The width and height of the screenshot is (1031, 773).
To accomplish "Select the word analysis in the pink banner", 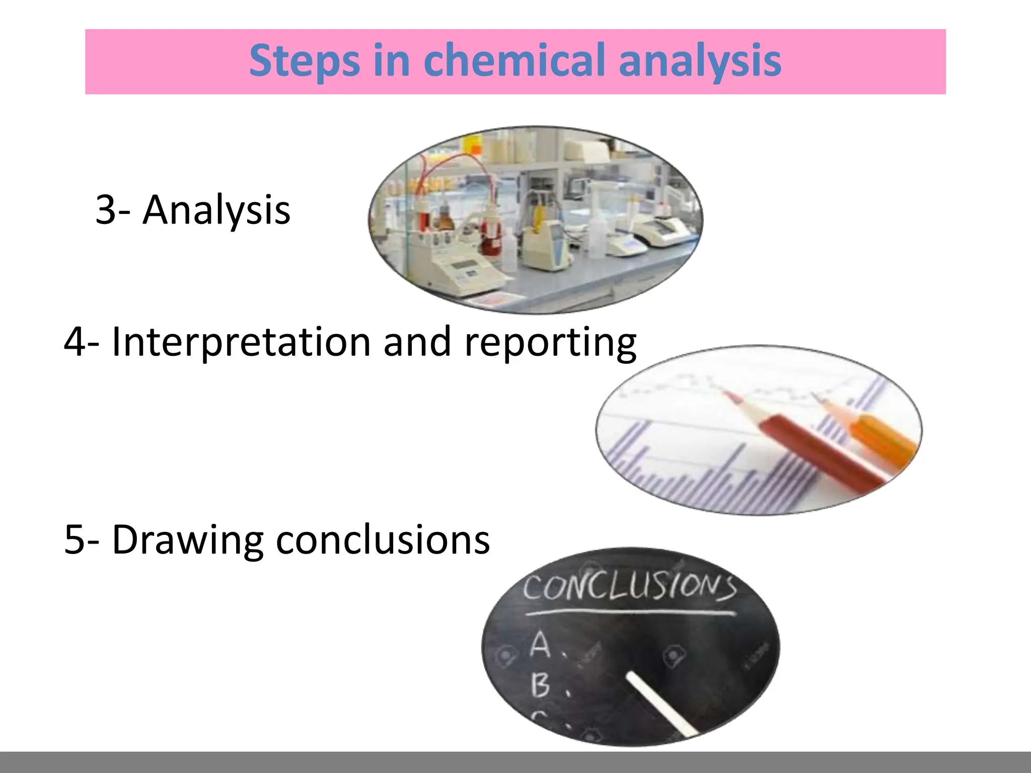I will click(x=700, y=61).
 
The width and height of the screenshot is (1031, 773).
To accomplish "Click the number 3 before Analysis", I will click(x=106, y=210).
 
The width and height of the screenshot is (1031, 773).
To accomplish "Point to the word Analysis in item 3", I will click(x=216, y=210).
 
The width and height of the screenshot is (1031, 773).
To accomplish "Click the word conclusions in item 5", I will click(x=383, y=540).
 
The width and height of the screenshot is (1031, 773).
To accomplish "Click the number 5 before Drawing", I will click(x=75, y=540).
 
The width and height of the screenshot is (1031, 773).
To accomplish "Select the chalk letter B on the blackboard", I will click(x=540, y=685).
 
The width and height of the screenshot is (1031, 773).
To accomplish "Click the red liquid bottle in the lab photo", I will click(x=491, y=237).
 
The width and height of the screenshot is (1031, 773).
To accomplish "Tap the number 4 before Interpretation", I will click(x=75, y=342).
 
